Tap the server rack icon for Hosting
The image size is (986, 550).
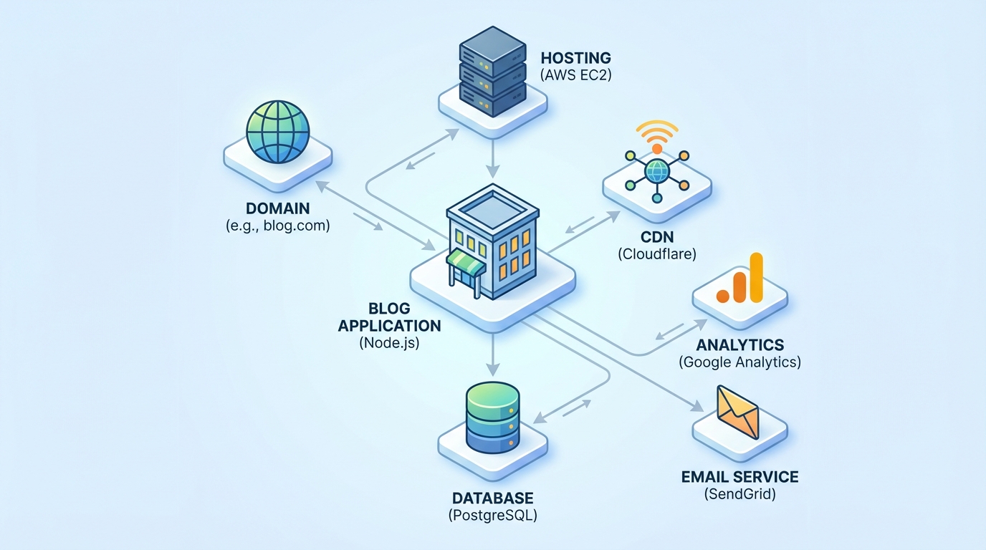(x=492, y=72)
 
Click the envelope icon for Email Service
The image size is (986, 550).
(x=738, y=412)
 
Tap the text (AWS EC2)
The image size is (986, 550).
(x=575, y=74)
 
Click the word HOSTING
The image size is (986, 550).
(x=575, y=57)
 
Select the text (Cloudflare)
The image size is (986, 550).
(x=656, y=253)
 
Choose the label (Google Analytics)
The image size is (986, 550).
(x=739, y=362)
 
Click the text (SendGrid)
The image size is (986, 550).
(x=739, y=493)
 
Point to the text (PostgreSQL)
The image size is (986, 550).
(x=492, y=515)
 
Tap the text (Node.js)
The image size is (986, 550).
(x=389, y=342)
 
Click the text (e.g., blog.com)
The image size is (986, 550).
(x=277, y=226)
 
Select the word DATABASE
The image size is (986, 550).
(x=492, y=498)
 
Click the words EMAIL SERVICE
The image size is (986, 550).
(x=739, y=476)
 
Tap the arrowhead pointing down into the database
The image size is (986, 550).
(x=492, y=369)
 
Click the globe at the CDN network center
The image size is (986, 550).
(x=656, y=170)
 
